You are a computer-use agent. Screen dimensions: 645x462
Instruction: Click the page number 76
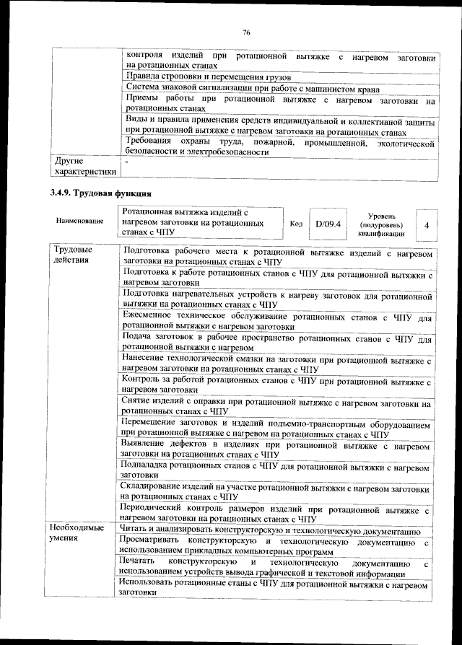(245, 32)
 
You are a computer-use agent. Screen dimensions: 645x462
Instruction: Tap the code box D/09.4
(327, 224)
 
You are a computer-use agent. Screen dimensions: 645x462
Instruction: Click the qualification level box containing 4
(427, 225)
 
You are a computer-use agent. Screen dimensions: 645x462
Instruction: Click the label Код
(295, 224)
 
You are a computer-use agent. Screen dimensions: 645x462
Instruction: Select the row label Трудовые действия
(72, 255)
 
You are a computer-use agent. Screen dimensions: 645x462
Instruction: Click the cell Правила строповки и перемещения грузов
(208, 76)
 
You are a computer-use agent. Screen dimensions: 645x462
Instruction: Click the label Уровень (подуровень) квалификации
(381, 224)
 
